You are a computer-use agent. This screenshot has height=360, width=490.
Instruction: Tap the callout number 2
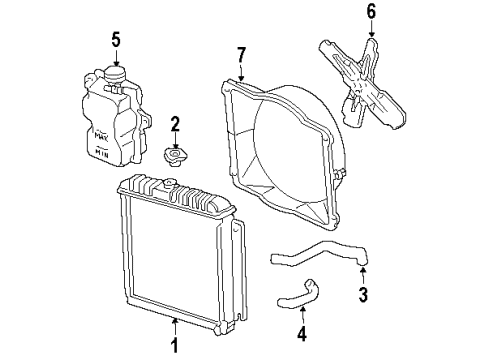pos(175,126)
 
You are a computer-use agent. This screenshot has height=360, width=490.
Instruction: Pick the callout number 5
pos(116,41)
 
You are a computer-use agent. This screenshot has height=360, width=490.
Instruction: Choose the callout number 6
pos(371,12)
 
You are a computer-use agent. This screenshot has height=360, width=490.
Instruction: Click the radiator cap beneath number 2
pos(173,156)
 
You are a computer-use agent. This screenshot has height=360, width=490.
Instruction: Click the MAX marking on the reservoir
pos(100,130)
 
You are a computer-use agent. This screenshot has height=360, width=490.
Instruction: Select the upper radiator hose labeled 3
pos(320,255)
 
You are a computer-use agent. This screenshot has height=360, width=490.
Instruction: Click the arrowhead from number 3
pos(364,267)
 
